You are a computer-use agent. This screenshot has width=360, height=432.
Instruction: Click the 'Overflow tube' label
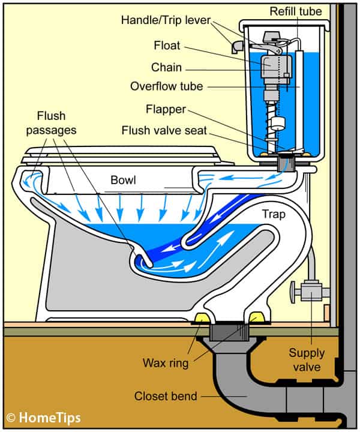pyautogui.click(x=166, y=86)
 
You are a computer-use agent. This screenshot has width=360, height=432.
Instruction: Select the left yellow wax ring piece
pyautogui.click(x=203, y=317)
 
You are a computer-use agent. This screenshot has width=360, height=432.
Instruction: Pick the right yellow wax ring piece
pyautogui.click(x=258, y=317)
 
